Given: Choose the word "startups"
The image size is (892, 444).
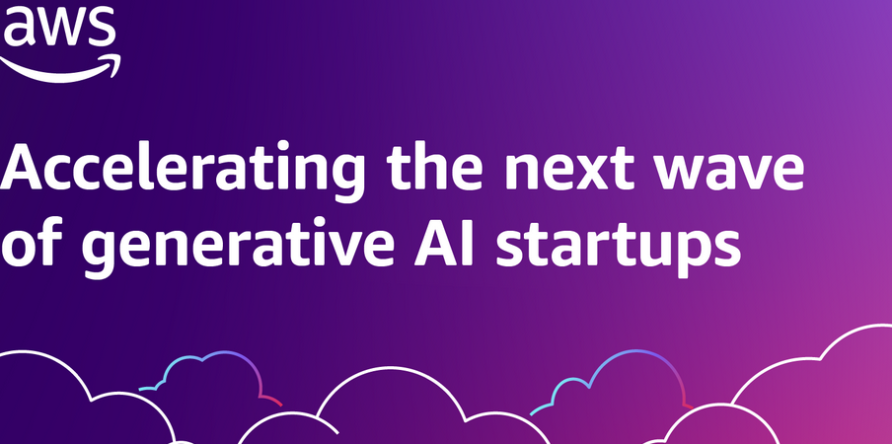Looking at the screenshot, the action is tap(619, 249).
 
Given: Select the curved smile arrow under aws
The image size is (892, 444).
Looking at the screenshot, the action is tap(57, 71).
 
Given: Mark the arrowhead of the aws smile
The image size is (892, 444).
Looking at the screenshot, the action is tap(112, 64).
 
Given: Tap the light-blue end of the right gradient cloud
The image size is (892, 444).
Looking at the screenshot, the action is tap(534, 412).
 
